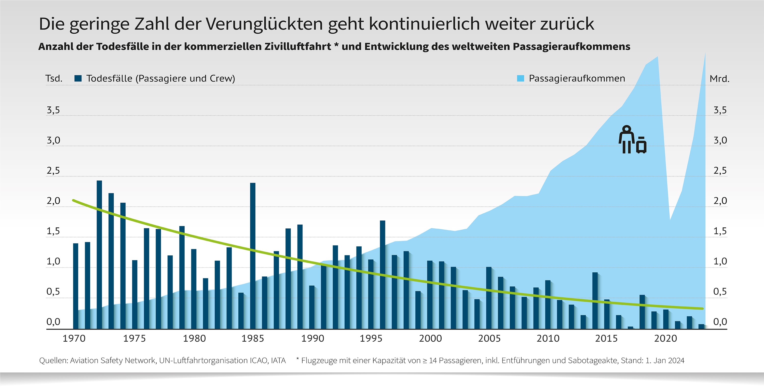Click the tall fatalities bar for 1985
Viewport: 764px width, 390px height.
coord(253,255)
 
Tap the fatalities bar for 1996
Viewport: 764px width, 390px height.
coord(383,274)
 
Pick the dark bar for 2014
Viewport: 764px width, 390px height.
coord(595,300)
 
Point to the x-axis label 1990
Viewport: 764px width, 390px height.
coord(312,338)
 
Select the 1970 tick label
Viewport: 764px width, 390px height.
coord(74,338)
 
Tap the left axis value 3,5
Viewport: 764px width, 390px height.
coord(53,110)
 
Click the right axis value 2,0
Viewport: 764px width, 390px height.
coord(720,201)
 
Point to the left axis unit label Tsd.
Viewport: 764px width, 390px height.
coord(54,79)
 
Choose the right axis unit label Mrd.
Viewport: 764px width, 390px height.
coord(719,79)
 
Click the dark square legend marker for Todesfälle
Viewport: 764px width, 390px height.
coord(78,78)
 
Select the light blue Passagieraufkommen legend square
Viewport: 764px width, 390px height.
coord(521,78)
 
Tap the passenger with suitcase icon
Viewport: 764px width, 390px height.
coord(632,140)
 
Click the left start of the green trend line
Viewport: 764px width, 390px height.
coord(74,201)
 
